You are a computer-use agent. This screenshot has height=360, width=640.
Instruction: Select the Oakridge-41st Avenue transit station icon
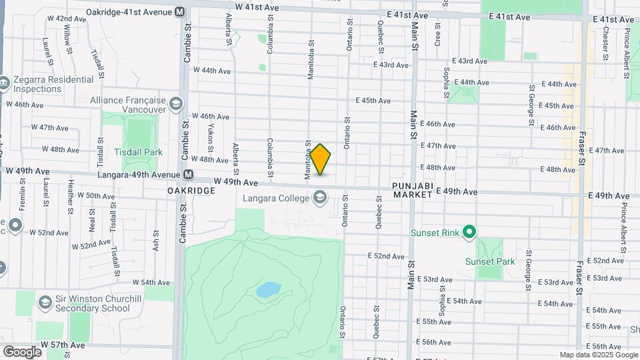pyautogui.click(x=179, y=12)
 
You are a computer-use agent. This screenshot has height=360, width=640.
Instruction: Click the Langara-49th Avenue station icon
pyautogui.click(x=189, y=175)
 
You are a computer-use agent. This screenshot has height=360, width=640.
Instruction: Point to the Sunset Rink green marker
pyautogui.click(x=469, y=233)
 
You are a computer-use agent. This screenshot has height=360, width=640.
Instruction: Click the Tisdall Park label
pyautogui.click(x=138, y=152)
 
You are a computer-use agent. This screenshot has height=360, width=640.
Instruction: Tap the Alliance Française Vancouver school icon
pyautogui.click(x=175, y=103)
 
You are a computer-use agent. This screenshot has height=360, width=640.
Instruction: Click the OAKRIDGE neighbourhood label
pyautogui.click(x=191, y=191)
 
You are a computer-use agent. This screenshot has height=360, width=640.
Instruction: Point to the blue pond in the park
pyautogui.click(x=268, y=290)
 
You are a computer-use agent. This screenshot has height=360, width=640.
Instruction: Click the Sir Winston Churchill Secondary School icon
pyautogui.click(x=45, y=302)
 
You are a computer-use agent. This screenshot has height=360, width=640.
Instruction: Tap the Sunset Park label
pyautogui.click(x=490, y=261)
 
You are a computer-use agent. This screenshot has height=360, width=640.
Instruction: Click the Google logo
pyautogui.click(x=22, y=351)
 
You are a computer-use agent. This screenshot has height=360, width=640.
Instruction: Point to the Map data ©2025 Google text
pyautogui.click(x=597, y=355)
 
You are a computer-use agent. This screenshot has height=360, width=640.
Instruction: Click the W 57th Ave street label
pyautogui.click(x=63, y=345)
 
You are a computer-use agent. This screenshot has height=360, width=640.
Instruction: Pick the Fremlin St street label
pyautogui.click(x=22, y=200)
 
